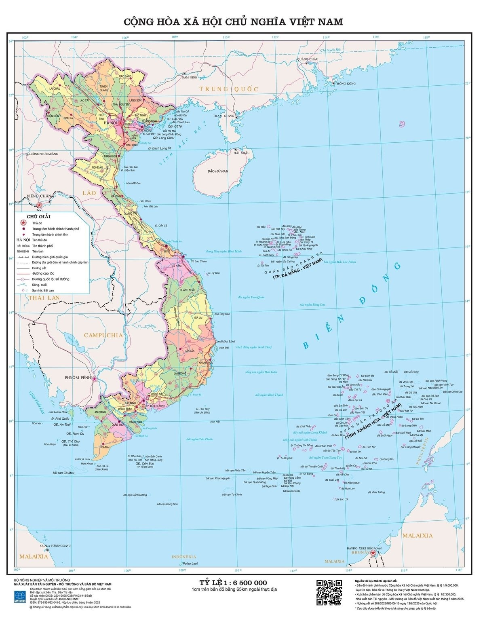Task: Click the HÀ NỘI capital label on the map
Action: tap(110, 122)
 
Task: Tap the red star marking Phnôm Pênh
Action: tap(95, 379)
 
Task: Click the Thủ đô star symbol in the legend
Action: tap(23, 223)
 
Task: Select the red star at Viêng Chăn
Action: tap(40, 205)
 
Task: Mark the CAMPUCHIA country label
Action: tap(103, 335)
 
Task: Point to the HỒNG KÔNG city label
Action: tap(346, 83)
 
